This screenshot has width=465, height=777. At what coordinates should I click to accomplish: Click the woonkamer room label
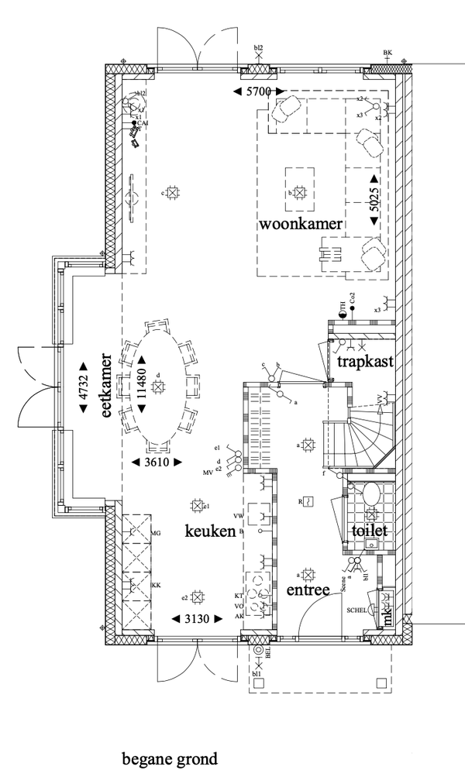(x=301, y=224)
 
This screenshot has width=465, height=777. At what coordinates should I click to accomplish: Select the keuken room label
(x=209, y=531)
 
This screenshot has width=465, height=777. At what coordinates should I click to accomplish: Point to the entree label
(x=308, y=590)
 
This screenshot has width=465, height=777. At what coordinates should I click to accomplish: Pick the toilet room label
(x=369, y=532)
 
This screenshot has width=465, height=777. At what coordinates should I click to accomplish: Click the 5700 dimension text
(x=256, y=92)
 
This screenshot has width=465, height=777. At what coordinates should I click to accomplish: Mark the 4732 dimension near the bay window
(x=83, y=385)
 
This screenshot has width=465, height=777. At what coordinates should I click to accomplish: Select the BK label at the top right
(x=388, y=53)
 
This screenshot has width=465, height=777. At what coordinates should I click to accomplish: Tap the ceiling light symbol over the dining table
(x=160, y=385)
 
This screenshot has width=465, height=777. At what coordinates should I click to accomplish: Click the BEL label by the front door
(x=268, y=652)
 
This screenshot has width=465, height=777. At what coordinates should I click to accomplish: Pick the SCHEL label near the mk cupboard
(x=356, y=610)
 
